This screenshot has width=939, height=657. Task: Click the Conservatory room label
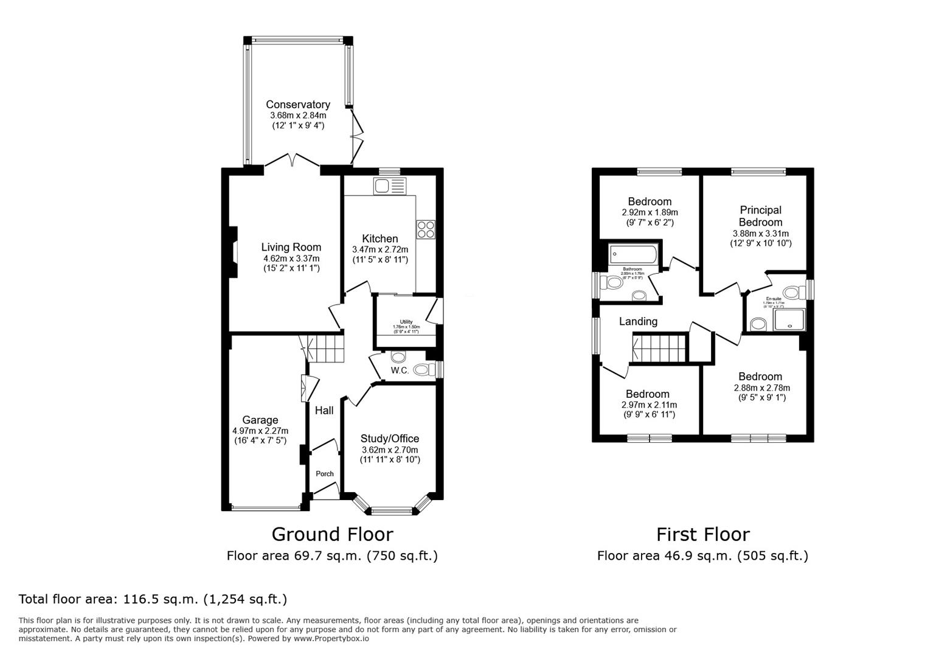tap(298, 105)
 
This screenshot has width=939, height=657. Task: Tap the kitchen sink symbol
tap(390, 186)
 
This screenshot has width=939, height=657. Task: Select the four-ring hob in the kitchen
tap(426, 229)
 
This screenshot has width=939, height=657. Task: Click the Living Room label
tap(291, 247)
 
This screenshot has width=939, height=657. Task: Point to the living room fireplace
tap(232, 253)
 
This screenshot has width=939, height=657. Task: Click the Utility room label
tap(406, 322)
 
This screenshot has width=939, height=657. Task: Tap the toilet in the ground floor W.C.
tap(422, 369)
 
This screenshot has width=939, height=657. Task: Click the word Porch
tap(325, 474)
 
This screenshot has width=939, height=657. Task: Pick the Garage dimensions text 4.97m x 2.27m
tap(260, 431)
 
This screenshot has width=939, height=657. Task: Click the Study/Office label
tap(389, 439)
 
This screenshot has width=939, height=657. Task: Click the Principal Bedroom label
tap(760, 216)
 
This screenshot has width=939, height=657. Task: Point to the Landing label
tap(638, 321)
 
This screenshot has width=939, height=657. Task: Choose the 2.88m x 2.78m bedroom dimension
tap(760, 388)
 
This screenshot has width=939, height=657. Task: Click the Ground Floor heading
tap(332, 534)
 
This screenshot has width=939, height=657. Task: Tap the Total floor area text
tap(153, 599)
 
